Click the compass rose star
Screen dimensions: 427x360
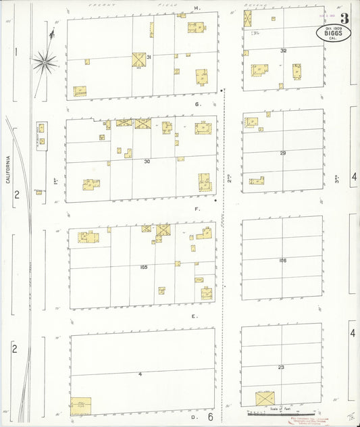coord(45,62)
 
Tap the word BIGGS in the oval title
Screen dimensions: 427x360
coord(332,31)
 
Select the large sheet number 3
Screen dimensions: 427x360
coord(344,18)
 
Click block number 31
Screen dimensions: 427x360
coord(149,57)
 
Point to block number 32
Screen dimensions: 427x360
coord(283,51)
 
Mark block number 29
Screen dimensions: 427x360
coord(283,153)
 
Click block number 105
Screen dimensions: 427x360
coord(143,267)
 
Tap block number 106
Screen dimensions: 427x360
coord(282,260)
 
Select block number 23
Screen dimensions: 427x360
coord(282,367)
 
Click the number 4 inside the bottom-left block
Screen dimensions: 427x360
coord(140,374)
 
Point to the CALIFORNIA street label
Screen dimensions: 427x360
coord(9,170)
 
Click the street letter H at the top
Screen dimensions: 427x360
coord(197,8)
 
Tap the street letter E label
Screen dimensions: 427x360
coord(194,316)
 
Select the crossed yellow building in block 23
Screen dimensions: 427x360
coord(265,399)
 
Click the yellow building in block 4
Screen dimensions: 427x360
coord(81,405)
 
